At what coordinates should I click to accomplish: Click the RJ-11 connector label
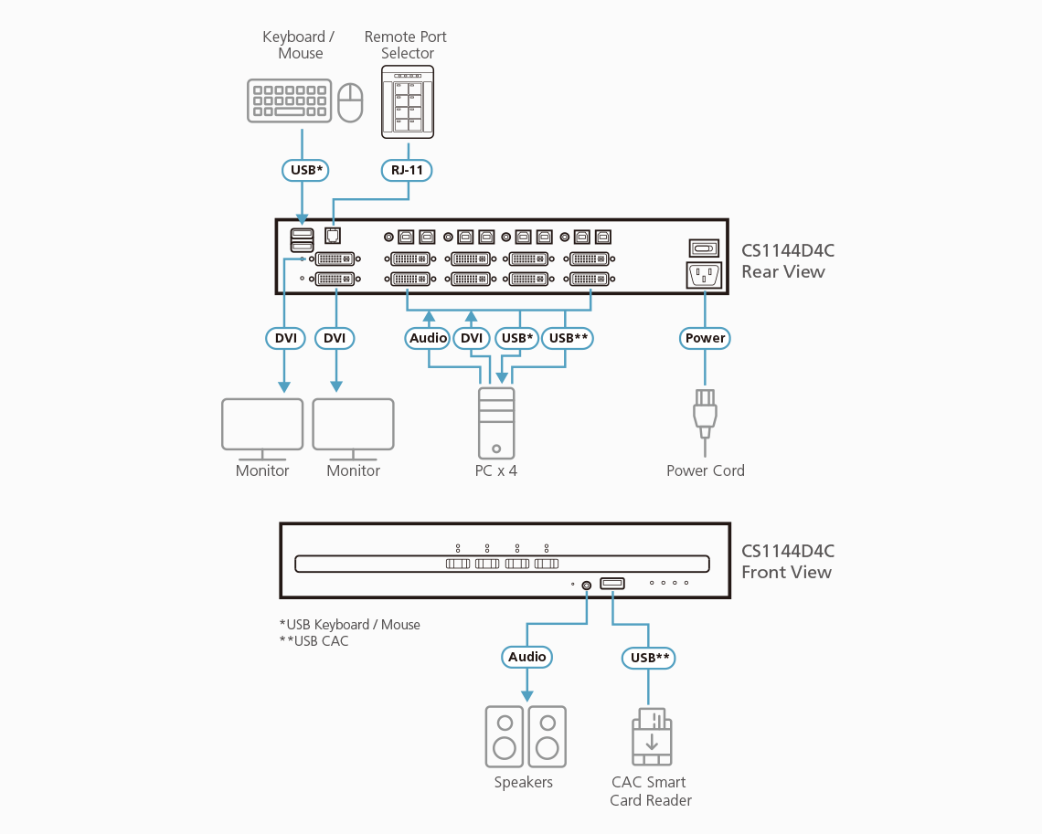click(407, 170)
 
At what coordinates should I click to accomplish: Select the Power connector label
click(705, 338)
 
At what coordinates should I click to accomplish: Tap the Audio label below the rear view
click(428, 338)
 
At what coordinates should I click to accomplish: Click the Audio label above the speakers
click(526, 657)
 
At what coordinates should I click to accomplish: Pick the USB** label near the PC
click(568, 338)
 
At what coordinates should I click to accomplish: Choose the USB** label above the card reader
click(649, 658)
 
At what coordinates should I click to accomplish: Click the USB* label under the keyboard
click(303, 170)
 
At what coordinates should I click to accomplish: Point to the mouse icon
click(351, 102)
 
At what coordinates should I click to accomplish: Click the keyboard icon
click(288, 100)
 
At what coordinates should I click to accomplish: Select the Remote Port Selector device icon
click(408, 102)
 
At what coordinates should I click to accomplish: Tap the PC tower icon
click(495, 422)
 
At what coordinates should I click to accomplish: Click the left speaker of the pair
click(504, 736)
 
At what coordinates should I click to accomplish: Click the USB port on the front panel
click(612, 584)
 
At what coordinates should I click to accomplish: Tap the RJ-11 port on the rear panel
click(333, 235)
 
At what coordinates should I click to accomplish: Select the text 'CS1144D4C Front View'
click(787, 562)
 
